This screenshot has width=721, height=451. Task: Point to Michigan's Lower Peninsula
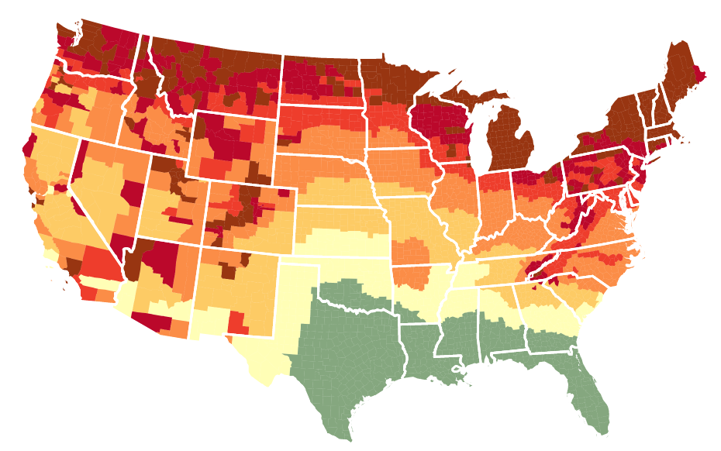(512, 139)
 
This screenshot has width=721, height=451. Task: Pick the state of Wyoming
(233, 147)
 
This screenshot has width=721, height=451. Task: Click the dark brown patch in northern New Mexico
(229, 270)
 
